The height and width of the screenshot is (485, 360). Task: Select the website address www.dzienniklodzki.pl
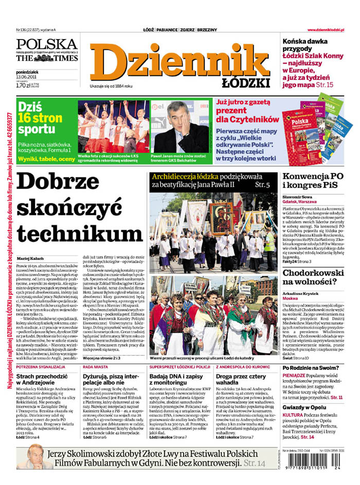(330, 30)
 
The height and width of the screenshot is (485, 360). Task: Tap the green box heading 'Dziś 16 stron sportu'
(40, 118)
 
